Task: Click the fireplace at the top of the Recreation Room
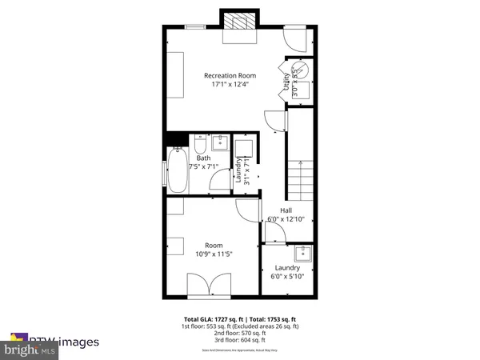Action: click(x=238, y=23)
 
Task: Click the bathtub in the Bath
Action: click(x=177, y=170)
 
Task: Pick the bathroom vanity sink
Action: click(x=221, y=144)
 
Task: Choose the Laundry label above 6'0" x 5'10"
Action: click(x=286, y=268)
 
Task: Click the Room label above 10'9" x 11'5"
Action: click(x=213, y=246)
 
